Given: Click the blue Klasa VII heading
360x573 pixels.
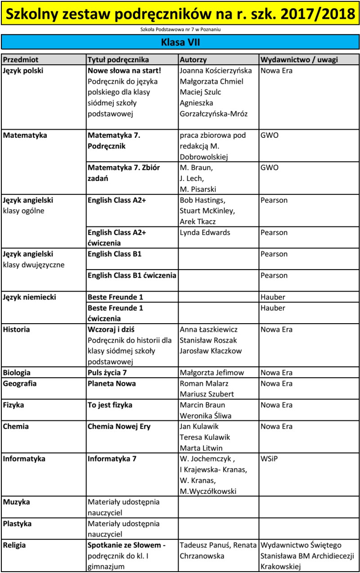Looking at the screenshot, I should tap(180, 42).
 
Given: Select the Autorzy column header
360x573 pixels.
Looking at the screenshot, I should tap(193, 60).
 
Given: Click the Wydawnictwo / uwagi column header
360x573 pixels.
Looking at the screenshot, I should tap(299, 60).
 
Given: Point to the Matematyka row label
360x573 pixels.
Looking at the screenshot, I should tap(25, 135).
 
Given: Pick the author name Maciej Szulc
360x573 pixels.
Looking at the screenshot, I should tap(200, 92).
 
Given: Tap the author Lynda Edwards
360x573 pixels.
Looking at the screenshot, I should tap(205, 232).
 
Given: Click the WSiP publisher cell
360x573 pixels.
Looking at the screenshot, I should tap(269, 459).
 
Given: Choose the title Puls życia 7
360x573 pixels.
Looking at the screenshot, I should tap(110, 373).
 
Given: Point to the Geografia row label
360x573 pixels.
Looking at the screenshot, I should tap(20, 384).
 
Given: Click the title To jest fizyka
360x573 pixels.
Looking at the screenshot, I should tap(110, 405).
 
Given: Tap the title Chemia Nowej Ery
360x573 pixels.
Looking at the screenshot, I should tap(119, 426).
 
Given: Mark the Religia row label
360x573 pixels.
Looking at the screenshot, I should tap(14, 545).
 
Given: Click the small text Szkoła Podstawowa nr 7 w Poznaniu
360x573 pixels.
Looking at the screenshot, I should tap(180, 30).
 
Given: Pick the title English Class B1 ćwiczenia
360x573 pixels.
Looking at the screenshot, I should tap(132, 275).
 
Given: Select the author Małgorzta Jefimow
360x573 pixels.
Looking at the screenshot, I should tap(211, 373).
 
